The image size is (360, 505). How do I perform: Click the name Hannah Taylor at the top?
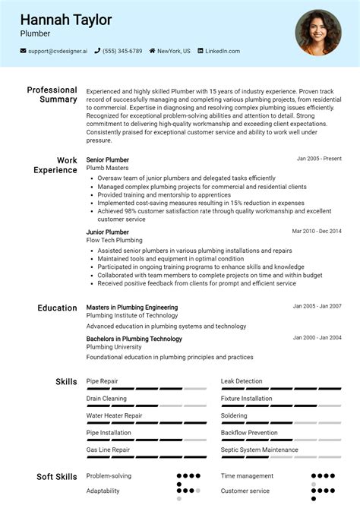(x=66, y=20)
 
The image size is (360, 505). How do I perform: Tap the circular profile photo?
(x=318, y=33)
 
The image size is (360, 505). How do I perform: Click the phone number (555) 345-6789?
(x=122, y=52)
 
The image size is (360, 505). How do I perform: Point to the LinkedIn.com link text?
(x=223, y=52)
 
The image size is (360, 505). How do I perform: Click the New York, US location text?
(x=174, y=52)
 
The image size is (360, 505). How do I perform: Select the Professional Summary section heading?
(x=52, y=94)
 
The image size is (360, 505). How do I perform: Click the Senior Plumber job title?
(x=108, y=159)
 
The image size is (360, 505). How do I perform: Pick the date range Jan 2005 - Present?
(x=319, y=159)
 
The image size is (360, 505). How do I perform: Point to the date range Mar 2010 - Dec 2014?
(x=317, y=231)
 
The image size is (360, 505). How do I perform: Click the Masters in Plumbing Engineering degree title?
(x=132, y=308)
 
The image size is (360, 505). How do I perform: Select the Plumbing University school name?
(x=115, y=347)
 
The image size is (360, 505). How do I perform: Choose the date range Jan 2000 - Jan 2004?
(x=317, y=337)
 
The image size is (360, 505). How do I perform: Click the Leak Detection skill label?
(x=242, y=381)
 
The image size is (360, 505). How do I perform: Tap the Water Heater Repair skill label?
(x=114, y=415)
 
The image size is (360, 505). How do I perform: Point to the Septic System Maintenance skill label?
(x=259, y=450)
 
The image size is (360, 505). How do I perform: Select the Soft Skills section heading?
(x=57, y=477)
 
